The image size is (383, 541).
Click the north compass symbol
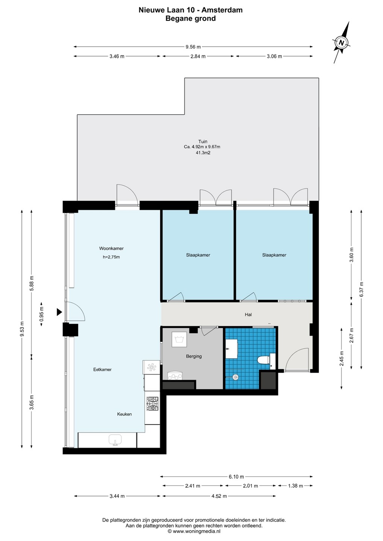[341, 42]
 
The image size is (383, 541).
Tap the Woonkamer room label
[111, 248]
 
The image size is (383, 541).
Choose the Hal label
[248, 314]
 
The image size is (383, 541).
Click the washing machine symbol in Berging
[179, 339]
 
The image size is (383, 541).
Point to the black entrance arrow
[59, 312]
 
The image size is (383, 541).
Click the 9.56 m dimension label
[193, 47]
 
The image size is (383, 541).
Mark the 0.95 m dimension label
[42, 314]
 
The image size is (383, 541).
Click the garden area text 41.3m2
[203, 153]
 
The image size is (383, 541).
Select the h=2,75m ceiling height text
[111, 257]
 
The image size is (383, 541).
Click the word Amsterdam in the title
[222, 10]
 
